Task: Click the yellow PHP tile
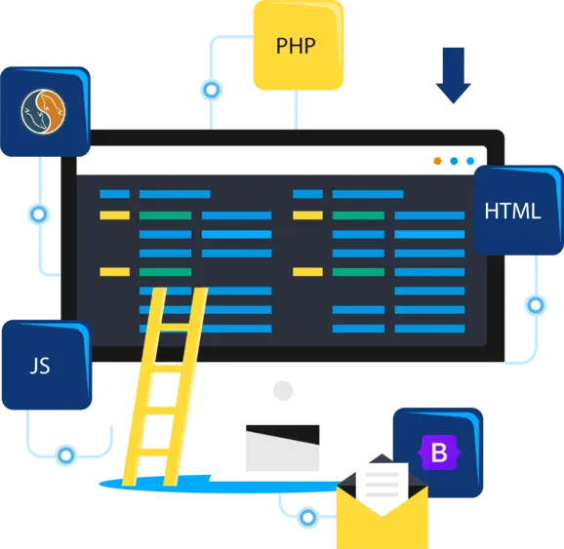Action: pos(299,45)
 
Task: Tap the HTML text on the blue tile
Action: pos(512,211)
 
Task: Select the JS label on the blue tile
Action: pos(40,366)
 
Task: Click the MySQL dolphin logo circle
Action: pos(43,111)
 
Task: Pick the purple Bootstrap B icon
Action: pos(439,452)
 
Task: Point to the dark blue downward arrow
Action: pos(453,75)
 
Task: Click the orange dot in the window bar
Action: pos(437,161)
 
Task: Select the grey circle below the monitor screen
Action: pos(283,390)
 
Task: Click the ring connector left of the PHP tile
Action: pos(211,90)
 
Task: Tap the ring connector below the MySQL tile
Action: pos(38,215)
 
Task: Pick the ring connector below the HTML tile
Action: pos(536,305)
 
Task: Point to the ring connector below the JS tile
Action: pos(65,455)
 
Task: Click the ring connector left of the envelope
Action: pos(308,518)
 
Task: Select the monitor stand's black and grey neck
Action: pos(282,448)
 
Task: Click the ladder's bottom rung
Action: pos(154,451)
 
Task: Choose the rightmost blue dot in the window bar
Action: pos(470,161)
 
